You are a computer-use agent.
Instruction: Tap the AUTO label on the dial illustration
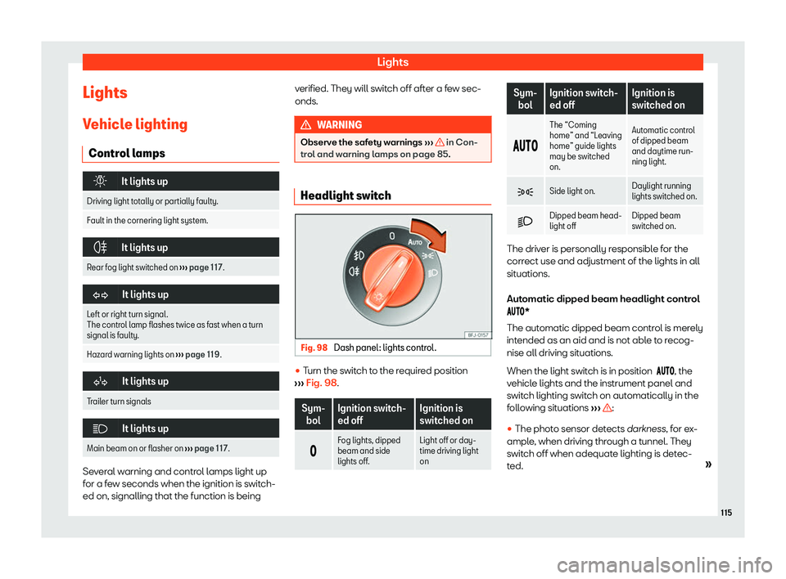pos(415,242)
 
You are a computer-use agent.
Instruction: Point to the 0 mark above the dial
pos(392,236)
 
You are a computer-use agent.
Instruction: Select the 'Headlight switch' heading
pos(346,195)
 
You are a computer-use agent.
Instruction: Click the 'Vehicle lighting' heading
pos(135,123)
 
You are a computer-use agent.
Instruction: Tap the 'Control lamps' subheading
pos(127,153)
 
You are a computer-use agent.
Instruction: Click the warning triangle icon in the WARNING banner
pos(305,125)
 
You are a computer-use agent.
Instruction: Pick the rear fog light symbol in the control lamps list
pos(101,248)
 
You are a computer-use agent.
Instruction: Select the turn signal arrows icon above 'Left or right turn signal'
pos(100,295)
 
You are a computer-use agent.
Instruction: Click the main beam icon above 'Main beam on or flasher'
pos(100,429)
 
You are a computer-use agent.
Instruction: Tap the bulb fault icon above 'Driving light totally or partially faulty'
pos(100,182)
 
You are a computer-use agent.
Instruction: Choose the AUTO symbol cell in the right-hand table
pos(525,146)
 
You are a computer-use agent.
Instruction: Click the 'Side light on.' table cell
pos(572,191)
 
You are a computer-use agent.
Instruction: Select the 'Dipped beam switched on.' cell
pos(656,221)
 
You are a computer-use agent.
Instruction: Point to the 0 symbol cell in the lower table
pos(314,451)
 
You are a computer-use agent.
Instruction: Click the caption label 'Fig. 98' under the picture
pos(314,348)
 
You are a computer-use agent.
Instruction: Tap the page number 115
pos(726,513)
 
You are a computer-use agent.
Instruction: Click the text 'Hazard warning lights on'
pos(130,355)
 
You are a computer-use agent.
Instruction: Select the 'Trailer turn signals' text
pos(119,402)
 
